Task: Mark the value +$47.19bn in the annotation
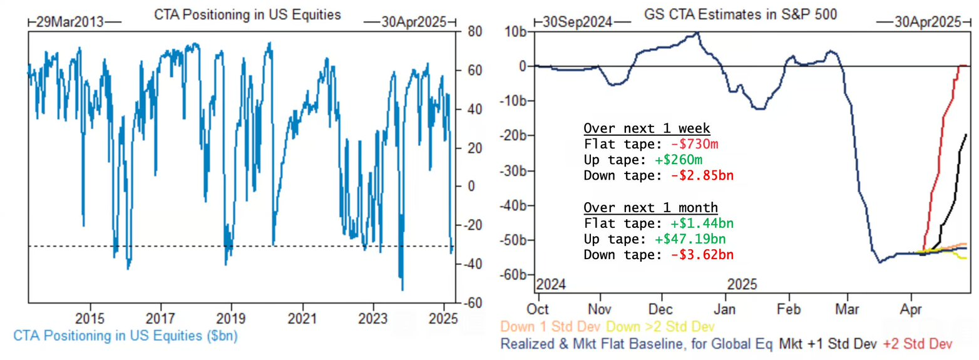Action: tap(694, 239)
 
